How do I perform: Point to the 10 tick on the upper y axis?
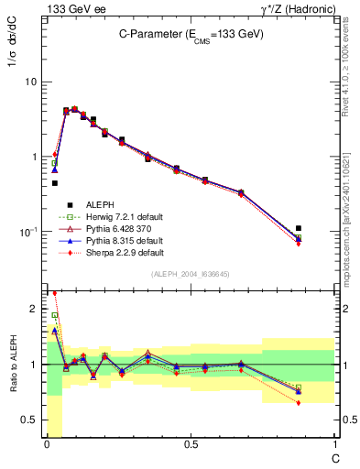coord(31,82)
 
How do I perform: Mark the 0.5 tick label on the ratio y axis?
coord(31,420)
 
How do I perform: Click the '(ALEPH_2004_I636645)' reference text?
coord(191,275)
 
